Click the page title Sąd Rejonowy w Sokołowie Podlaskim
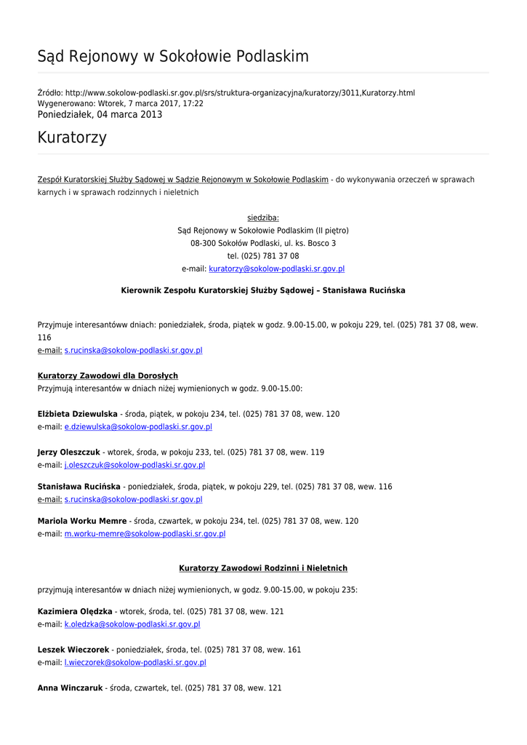tap(173, 57)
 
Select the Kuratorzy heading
tap(72, 138)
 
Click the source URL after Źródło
tap(240, 93)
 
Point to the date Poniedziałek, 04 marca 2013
tap(100, 114)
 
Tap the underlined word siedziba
tap(262, 218)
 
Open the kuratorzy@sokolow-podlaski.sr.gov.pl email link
tap(276, 269)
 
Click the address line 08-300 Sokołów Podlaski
tap(262, 243)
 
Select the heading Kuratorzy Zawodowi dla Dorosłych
tap(108, 376)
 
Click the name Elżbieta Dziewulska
tap(77, 414)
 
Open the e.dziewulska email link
tap(138, 427)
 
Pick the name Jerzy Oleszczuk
tap(68, 453)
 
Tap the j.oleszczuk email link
tap(134, 465)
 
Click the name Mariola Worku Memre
tap(81, 521)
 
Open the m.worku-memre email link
tap(145, 534)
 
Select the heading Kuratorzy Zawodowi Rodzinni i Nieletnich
tap(263, 568)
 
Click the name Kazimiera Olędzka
tap(75, 612)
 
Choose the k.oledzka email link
tap(132, 624)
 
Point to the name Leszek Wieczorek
tap(73, 650)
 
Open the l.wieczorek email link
tap(135, 663)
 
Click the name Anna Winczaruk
tap(70, 688)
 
